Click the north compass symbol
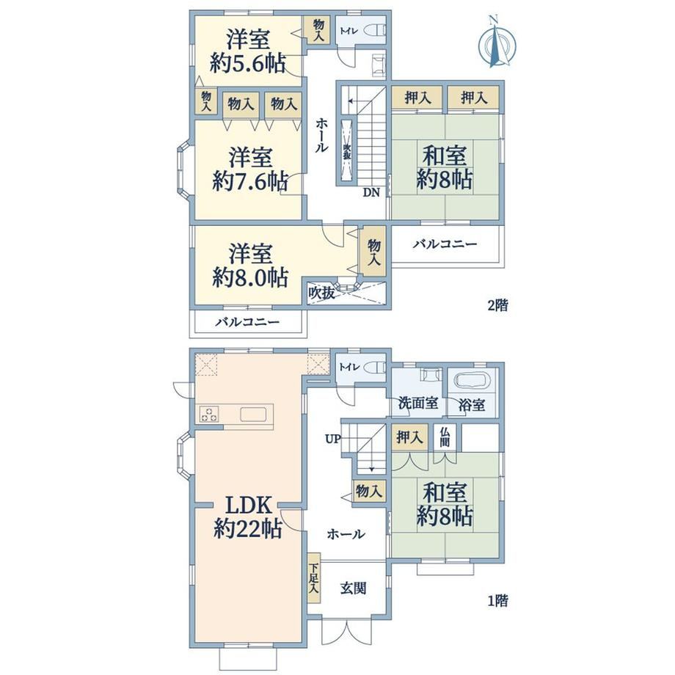click(x=497, y=42)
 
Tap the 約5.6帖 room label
click(x=249, y=64)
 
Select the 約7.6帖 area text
click(x=250, y=181)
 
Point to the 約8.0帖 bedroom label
click(x=250, y=277)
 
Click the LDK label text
click(x=249, y=506)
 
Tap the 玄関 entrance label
click(x=354, y=588)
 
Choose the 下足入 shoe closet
click(x=314, y=577)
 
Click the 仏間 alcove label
click(x=445, y=437)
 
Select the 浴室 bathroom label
click(x=472, y=404)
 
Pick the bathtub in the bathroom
click(x=471, y=380)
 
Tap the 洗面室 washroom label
click(x=418, y=403)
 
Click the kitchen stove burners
click(x=209, y=414)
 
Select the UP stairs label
click(x=333, y=439)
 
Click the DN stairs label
click(x=371, y=192)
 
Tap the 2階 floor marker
click(x=498, y=305)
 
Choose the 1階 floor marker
click(x=498, y=600)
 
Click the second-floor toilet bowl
click(x=376, y=31)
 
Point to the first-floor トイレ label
click(x=349, y=367)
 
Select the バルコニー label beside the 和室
click(x=445, y=244)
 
